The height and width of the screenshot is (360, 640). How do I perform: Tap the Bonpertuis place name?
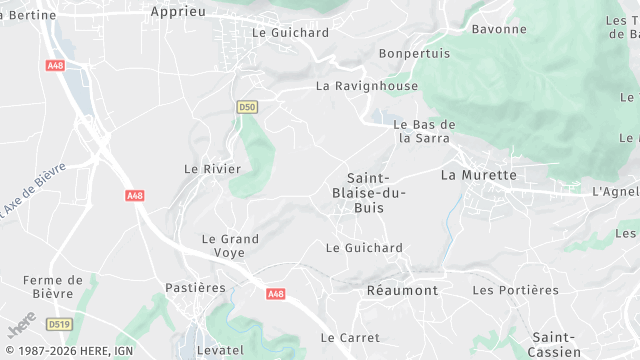pos(414,53)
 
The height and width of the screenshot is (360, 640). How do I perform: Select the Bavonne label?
pos(498,29)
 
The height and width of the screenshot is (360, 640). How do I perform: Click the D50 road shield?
pos(248,106)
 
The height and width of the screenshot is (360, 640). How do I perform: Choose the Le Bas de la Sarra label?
pos(425,131)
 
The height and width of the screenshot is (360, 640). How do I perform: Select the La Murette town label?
pos(479,175)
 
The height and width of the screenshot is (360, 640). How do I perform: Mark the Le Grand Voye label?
pos(230,246)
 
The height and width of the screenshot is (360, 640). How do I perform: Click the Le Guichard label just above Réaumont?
pos(365,247)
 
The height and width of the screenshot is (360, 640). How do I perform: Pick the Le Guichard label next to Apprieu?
pos(291,32)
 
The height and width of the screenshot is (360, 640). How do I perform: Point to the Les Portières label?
pos(515,290)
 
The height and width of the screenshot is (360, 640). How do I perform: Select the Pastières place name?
pos(196,288)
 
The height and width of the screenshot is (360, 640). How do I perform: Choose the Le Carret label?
pos(346,338)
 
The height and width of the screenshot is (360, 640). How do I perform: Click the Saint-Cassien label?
pos(556,344)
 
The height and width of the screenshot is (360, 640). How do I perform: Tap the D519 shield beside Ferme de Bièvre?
pos(59,324)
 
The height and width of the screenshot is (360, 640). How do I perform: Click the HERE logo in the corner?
pos(20,327)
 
